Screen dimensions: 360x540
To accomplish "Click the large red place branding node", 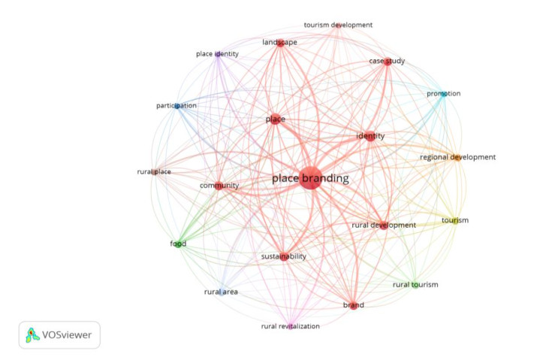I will point(309,178).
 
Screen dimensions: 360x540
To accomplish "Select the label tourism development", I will point(338,25).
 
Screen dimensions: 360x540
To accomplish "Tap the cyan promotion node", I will point(443,94).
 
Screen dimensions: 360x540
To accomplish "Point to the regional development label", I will point(457,157).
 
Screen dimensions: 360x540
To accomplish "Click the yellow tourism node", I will point(454,220).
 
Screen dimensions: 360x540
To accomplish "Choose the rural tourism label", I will point(415,284).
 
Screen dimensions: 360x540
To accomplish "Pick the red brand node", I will point(353,305).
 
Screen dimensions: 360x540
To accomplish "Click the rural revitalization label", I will point(290,326).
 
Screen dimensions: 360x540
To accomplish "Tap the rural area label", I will point(221,292).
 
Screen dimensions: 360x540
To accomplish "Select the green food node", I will point(178,244).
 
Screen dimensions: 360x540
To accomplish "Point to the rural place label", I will point(154,172).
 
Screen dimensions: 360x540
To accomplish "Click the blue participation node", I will point(177,106).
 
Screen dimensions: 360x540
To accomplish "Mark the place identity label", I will point(216,54).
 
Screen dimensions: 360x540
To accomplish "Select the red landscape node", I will point(279,43).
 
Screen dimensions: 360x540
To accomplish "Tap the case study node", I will point(388,62).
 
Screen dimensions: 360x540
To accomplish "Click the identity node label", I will point(370,136).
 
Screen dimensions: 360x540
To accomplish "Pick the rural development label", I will point(383,225).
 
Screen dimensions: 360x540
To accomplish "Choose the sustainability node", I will point(283,256).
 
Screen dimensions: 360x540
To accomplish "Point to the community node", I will point(219,185).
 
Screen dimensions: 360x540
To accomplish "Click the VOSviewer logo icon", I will point(32,334).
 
